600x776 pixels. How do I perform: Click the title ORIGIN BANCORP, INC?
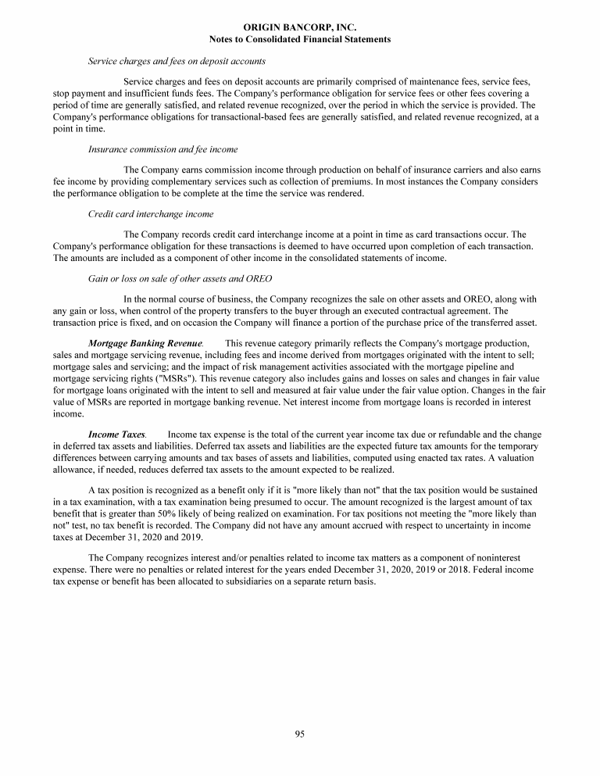pyautogui.click(x=300, y=27)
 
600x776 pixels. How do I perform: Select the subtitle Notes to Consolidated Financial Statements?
pyautogui.click(x=300, y=38)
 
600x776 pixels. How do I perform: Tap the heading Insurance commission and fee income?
pyautogui.click(x=163, y=148)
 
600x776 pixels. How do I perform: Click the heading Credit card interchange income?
pyautogui.click(x=151, y=213)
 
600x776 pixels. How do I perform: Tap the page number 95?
pyautogui.click(x=300, y=733)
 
